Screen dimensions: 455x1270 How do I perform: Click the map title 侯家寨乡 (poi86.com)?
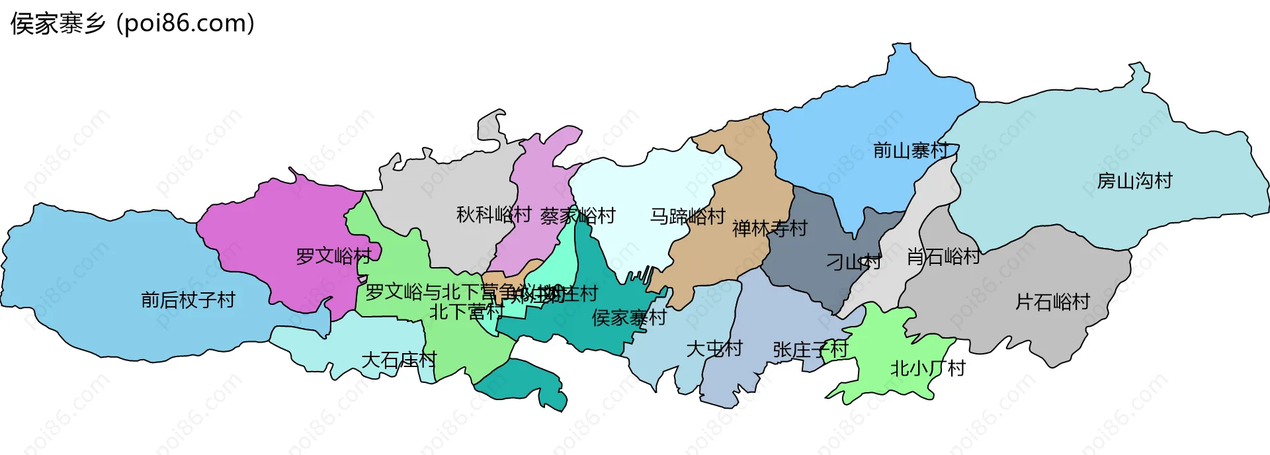click(132, 24)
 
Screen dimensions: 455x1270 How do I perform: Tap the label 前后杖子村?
click(189, 300)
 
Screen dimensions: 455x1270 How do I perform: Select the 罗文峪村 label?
click(333, 256)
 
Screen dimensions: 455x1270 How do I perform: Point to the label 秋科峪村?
click(494, 215)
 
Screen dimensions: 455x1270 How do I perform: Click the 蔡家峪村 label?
click(577, 216)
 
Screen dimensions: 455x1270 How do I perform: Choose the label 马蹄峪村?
click(688, 216)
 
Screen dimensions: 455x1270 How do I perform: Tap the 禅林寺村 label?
click(770, 229)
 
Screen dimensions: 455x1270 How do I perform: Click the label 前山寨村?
click(911, 151)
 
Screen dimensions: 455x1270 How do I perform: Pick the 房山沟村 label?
click(1134, 181)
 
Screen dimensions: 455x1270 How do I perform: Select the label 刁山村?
click(853, 263)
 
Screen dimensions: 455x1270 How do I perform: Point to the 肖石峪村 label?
click(943, 257)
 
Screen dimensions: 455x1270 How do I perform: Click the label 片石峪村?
click(1052, 302)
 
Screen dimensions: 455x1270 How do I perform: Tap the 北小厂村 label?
click(927, 368)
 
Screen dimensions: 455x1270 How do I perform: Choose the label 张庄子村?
click(810, 350)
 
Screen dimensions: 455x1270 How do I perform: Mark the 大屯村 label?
click(714, 349)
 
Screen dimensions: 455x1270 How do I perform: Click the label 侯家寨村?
click(629, 318)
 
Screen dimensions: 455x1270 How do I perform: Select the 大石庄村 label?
click(399, 360)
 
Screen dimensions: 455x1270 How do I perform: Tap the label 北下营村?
click(467, 311)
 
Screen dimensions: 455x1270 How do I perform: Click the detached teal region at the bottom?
click(526, 384)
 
